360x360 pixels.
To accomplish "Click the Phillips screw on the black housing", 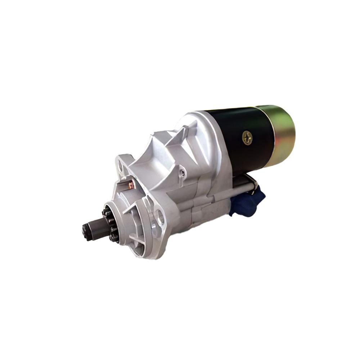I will [x=247, y=138].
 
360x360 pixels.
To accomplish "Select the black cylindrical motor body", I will [x=238, y=144].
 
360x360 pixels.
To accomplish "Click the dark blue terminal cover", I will [x=248, y=203].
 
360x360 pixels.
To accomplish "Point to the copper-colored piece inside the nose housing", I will [x=130, y=185].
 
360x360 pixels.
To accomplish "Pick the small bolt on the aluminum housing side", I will [x=183, y=173].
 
